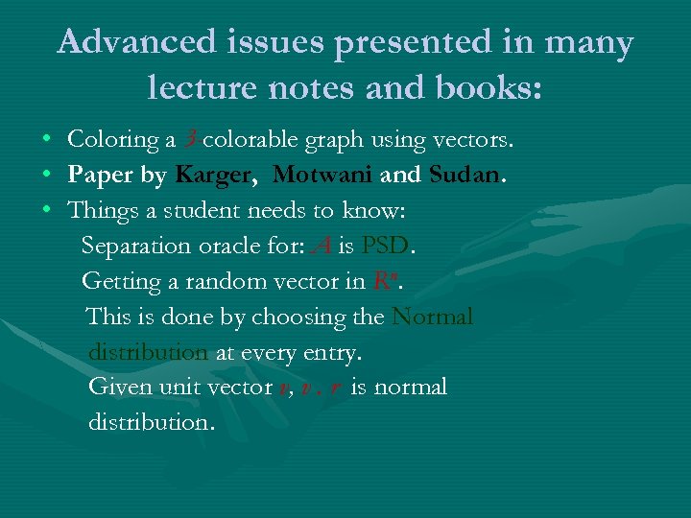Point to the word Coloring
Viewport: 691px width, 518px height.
114,140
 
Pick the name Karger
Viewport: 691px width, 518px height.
213,176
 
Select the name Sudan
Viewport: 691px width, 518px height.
465,176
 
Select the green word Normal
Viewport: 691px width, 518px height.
432,317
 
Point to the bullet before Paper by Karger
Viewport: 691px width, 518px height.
46,177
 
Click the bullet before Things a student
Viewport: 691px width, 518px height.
46,212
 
